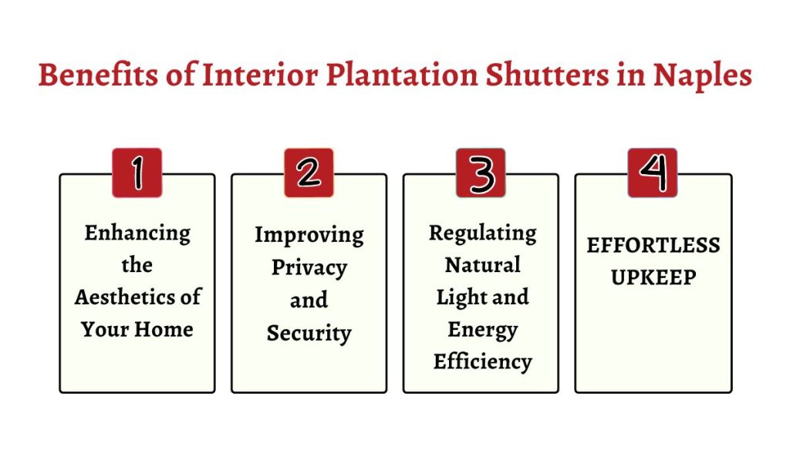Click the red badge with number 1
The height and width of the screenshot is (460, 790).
[137, 173]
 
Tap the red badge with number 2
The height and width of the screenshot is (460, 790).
[309, 173]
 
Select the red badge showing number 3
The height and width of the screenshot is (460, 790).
[481, 173]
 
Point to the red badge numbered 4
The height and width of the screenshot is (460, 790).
[652, 173]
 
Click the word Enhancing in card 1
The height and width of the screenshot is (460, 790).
[137, 233]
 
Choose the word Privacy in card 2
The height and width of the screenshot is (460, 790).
[309, 268]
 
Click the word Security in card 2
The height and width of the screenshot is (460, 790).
[309, 333]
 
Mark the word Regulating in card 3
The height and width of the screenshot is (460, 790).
[482, 233]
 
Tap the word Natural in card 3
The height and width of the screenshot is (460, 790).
[482, 265]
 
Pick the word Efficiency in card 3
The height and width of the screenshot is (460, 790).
[482, 361]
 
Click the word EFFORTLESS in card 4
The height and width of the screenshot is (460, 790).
[653, 245]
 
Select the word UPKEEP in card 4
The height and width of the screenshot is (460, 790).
[653, 277]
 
